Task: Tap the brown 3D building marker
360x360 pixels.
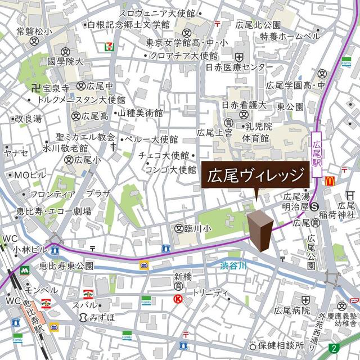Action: [260, 229]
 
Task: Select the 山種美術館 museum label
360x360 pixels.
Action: [140, 113]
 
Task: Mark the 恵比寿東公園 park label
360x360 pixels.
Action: [66, 265]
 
